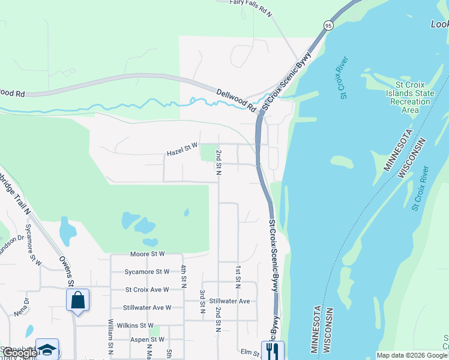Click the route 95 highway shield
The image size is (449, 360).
tap(328, 25)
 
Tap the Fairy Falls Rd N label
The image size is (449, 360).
tap(251, 3)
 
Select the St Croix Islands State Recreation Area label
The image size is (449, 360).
tap(409, 97)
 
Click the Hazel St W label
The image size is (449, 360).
tap(182, 154)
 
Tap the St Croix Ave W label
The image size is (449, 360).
tap(147, 289)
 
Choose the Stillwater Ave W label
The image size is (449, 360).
tap(147, 307)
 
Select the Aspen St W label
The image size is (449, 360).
tap(147, 340)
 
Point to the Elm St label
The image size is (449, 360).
tap(247, 353)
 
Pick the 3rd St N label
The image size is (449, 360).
tap(202, 302)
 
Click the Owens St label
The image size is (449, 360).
tap(66, 271)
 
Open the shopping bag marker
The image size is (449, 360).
tap(78, 300)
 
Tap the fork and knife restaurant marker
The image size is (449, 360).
tap(273, 350)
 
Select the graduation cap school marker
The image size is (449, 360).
tap(47, 350)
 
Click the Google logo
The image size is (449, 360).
tap(20, 353)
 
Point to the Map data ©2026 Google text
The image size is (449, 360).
tap(412, 355)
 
